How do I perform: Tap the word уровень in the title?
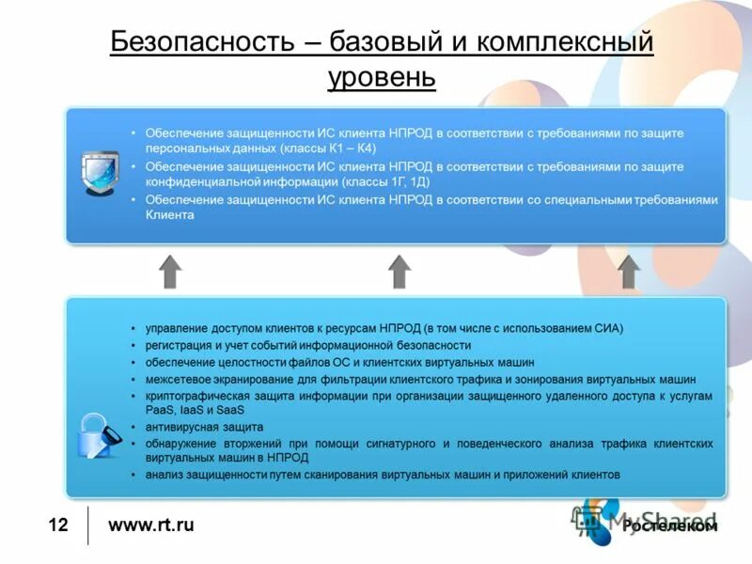coord(382,75)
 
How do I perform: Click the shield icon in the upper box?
coord(96,173)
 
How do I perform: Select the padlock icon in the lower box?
coord(98,435)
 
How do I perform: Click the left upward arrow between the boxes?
coord(170,271)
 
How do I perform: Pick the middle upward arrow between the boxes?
coord(399,271)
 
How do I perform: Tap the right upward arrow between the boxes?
coord(629,271)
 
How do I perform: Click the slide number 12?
coord(58,525)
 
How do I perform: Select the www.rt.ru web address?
coord(151,525)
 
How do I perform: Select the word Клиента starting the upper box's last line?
coord(169,215)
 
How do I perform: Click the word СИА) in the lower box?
coord(608,328)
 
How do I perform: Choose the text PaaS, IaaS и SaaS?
coord(195,410)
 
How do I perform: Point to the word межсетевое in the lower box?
coord(175,379)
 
